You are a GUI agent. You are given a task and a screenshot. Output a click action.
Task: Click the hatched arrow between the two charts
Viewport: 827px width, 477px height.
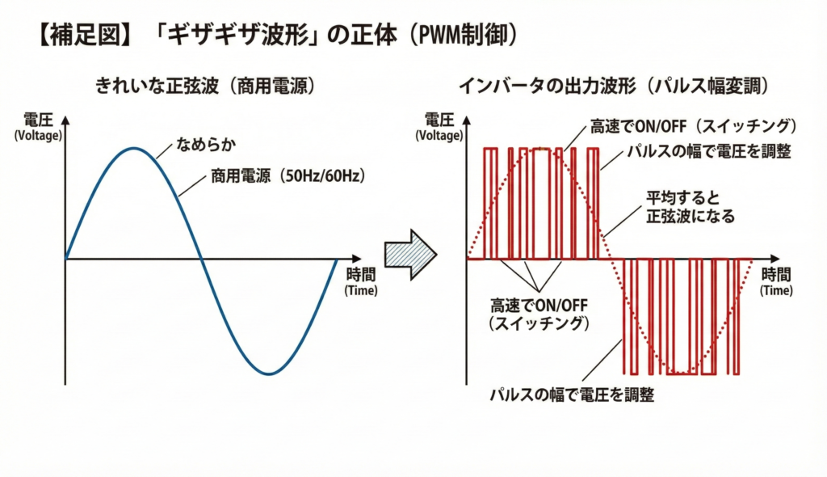pos(410,254)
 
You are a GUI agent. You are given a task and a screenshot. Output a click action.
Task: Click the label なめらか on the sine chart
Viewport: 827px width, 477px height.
pos(206,144)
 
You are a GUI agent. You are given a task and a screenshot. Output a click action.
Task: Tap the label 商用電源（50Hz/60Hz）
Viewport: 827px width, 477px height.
pos(288,175)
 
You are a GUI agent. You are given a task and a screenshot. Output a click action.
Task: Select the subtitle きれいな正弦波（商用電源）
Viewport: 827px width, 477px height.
pos(206,86)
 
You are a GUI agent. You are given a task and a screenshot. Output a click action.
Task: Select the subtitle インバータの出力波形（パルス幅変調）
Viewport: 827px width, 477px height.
pos(614,86)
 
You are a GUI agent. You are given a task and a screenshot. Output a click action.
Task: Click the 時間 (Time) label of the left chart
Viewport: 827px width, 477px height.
pos(361,281)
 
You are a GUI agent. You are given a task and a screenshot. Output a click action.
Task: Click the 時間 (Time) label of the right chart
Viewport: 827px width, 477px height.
pos(776,281)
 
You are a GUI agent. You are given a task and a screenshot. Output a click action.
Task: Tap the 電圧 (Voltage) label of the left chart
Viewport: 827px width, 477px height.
pos(38,127)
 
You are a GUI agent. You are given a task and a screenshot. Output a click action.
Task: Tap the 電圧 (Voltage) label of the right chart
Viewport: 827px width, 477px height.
pos(439,127)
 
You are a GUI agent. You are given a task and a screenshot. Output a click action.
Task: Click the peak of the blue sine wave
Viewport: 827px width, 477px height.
pos(134,149)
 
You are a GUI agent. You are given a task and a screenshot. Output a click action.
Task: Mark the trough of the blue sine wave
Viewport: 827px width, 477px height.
pos(269,373)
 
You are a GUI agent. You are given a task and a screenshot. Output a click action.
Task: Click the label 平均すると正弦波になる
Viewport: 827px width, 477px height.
pos(691,207)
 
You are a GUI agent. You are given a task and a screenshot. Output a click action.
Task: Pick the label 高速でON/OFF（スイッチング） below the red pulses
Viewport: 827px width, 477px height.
pos(539,314)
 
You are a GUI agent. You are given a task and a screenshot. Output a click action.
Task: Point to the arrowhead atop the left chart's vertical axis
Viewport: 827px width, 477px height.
pos(65,120)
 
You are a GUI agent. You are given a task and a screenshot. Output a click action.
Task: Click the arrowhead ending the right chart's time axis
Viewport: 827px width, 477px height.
pos(775,259)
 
